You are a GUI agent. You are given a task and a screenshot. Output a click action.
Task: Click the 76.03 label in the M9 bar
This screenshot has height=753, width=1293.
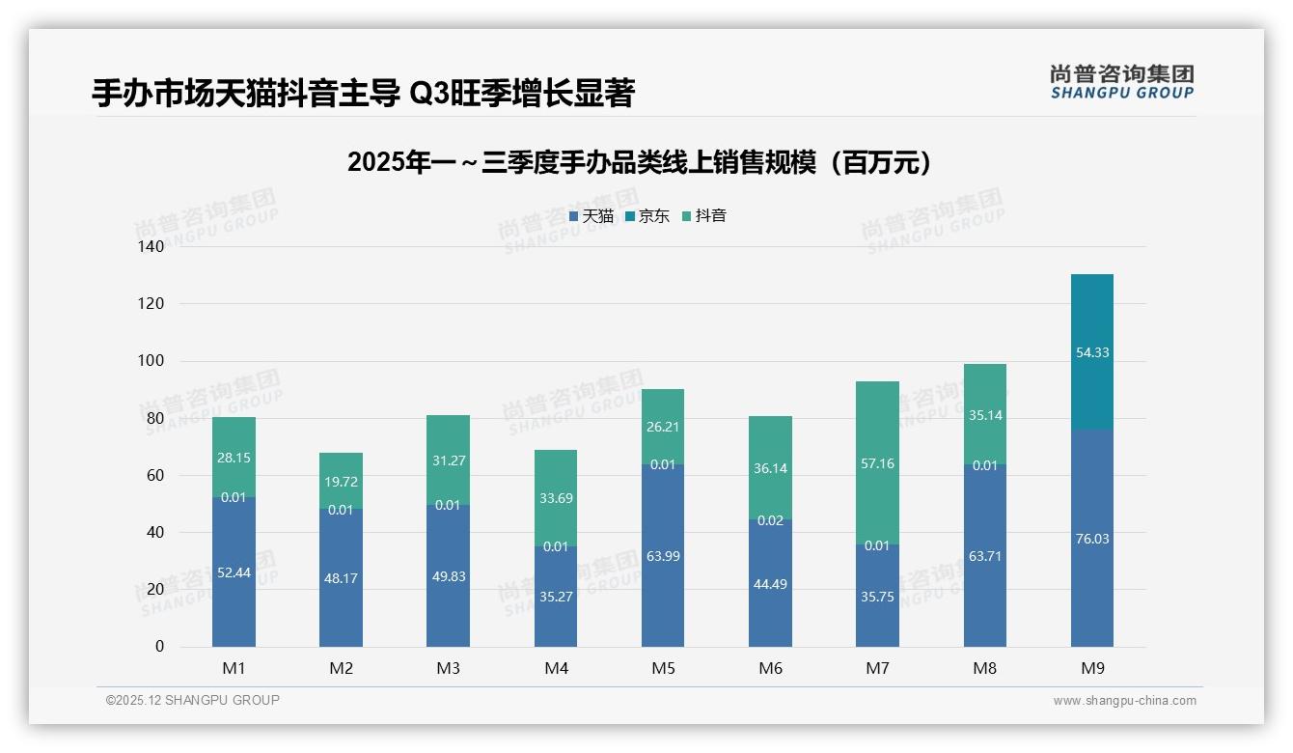[1091, 539]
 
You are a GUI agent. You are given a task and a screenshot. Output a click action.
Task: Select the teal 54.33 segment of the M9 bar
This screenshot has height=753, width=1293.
[1091, 352]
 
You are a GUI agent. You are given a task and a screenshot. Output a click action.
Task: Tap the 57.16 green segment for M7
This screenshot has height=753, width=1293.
[877, 463]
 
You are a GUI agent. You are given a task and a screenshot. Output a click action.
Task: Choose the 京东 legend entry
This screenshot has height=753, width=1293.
[646, 216]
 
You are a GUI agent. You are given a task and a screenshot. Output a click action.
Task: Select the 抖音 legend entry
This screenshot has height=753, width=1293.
[703, 216]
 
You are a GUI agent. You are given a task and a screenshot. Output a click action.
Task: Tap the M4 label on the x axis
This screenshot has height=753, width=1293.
[556, 668]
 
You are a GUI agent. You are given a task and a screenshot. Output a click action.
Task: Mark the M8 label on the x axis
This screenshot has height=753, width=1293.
[984, 668]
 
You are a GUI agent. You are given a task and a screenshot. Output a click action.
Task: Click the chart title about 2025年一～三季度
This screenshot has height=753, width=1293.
[640, 162]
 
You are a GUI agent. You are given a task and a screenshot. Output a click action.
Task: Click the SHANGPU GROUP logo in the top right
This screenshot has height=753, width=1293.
[1121, 82]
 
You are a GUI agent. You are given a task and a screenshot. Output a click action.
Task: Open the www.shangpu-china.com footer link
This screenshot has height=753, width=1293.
[1124, 701]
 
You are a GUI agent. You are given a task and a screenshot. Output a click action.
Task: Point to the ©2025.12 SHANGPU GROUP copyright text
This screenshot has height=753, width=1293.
[193, 700]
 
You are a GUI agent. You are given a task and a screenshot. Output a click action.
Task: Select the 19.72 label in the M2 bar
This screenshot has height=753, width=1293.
[341, 481]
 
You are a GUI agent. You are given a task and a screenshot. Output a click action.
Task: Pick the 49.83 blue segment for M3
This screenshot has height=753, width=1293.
[448, 575]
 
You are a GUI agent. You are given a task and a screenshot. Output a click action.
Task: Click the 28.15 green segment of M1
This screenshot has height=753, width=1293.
[234, 458]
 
